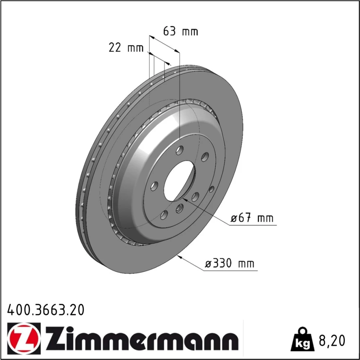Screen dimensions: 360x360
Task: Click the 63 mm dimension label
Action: click(x=180, y=31)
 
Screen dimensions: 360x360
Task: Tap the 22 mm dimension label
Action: click(x=126, y=48)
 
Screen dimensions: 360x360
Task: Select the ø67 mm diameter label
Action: click(x=252, y=218)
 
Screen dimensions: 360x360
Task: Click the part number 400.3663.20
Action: click(x=46, y=310)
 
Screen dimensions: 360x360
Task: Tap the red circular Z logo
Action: click(x=24, y=337)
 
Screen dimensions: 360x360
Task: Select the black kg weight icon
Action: click(x=302, y=339)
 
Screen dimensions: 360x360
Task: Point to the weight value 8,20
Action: click(x=332, y=341)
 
